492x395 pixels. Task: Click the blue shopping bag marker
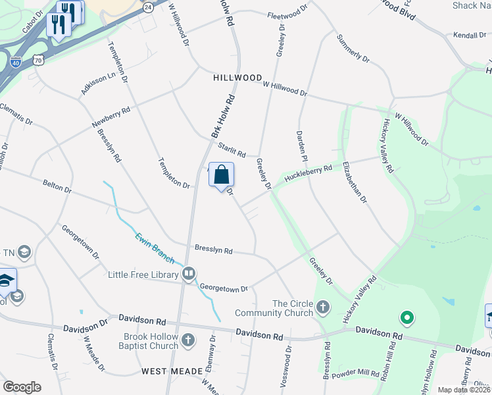222,176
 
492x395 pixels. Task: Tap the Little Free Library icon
189,273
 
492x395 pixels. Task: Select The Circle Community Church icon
322,307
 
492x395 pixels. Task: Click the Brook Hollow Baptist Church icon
189,340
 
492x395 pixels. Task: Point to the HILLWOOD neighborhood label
237,78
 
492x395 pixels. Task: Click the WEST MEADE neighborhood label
172,371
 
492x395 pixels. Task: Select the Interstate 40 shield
16,63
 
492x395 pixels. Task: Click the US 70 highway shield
39,60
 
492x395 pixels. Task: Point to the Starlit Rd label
232,150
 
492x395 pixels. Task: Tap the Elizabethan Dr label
354,179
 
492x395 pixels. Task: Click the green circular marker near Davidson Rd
407,319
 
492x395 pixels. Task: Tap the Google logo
22,387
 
